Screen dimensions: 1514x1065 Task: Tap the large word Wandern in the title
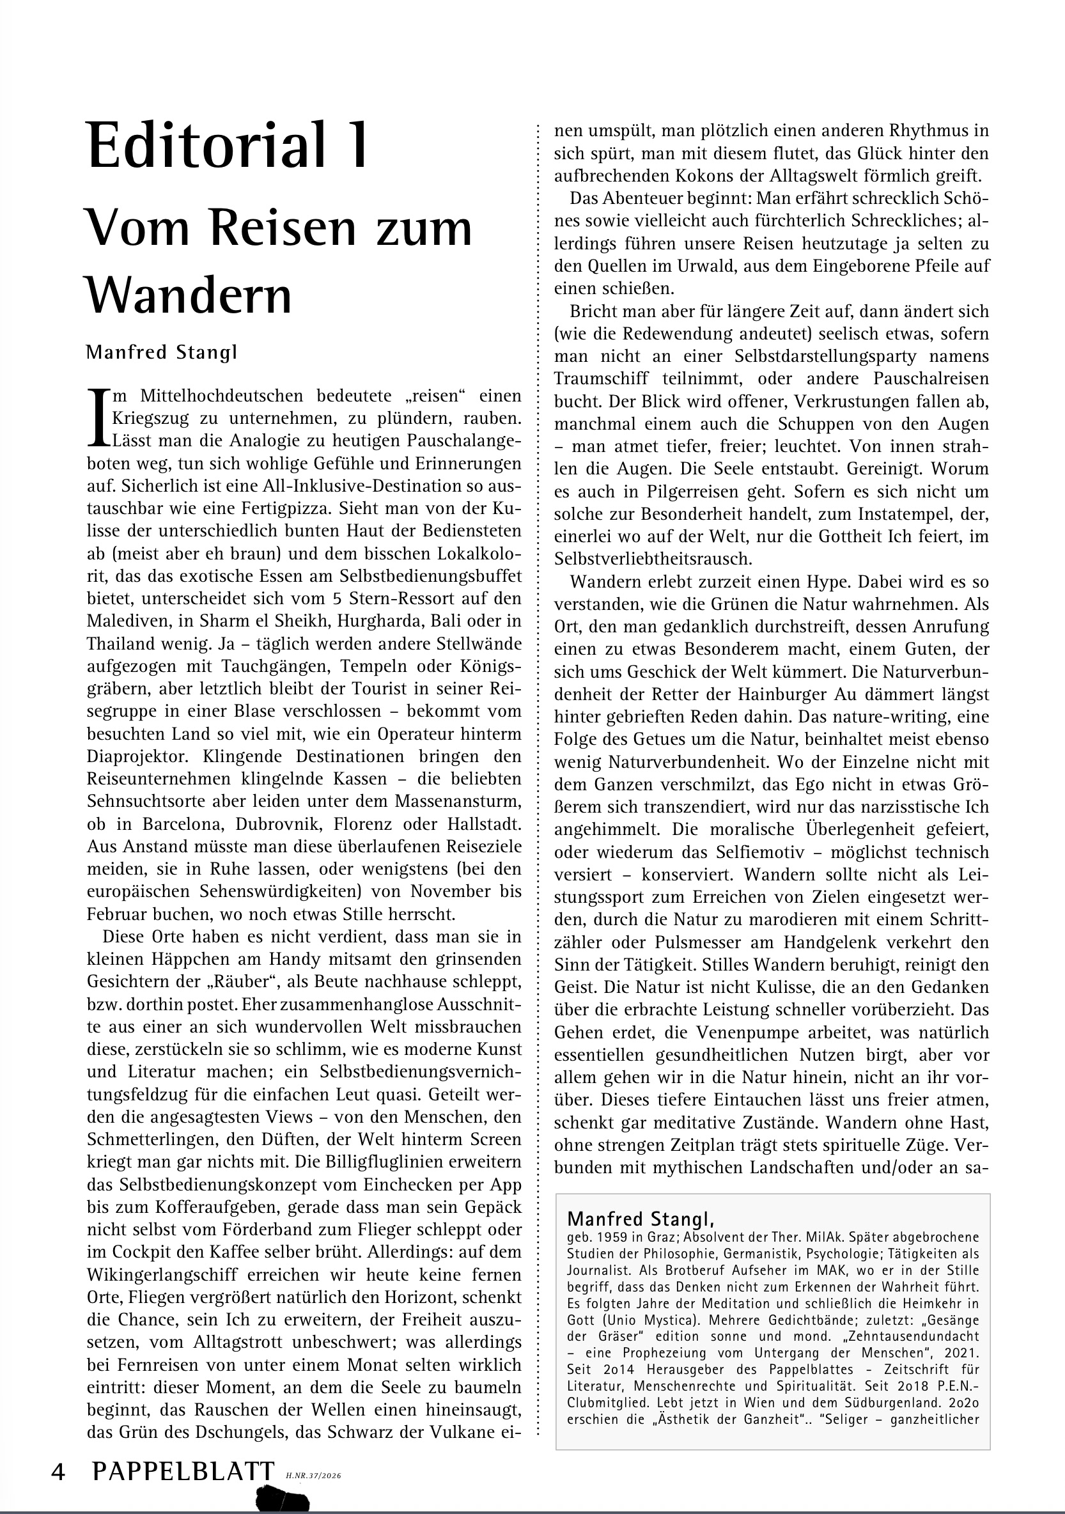[x=189, y=296]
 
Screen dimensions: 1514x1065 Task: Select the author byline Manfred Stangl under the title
[x=162, y=352]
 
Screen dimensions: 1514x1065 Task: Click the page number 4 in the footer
[x=58, y=1471]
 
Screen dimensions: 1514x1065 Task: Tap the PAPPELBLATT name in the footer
[x=183, y=1471]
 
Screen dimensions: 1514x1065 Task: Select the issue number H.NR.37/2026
[x=314, y=1476]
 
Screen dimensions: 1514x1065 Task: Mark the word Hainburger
[x=752, y=694]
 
